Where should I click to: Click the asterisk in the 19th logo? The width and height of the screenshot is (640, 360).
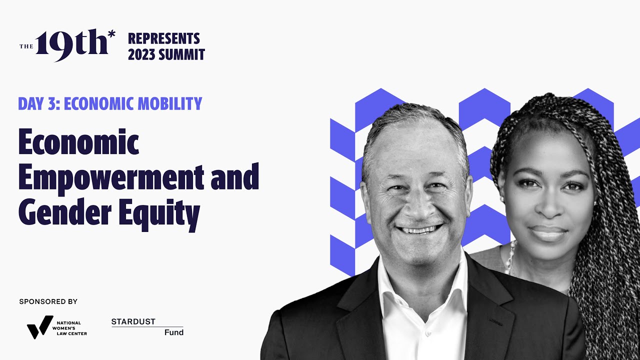[111, 34]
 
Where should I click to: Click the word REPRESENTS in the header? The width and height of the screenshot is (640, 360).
[163, 38]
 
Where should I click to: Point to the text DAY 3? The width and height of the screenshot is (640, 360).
[37, 103]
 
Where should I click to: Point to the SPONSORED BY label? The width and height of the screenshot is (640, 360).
[48, 301]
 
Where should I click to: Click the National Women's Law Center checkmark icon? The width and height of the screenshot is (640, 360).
[39, 326]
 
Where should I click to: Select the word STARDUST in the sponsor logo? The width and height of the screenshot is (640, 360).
[133, 321]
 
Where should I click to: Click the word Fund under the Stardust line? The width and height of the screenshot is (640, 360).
[174, 332]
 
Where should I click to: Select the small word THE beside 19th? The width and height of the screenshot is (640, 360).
[26, 46]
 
